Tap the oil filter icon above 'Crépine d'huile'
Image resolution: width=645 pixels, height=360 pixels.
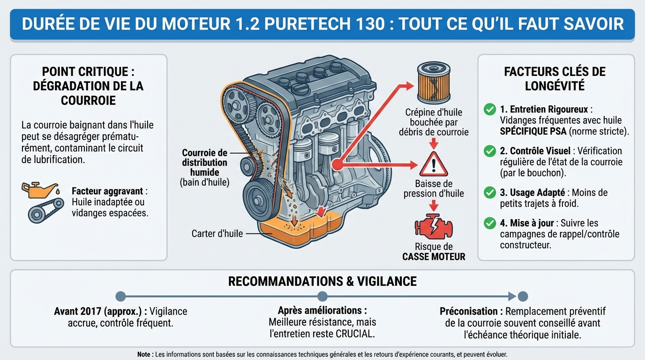point(434,84)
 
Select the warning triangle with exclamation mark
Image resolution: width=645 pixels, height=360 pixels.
point(434,164)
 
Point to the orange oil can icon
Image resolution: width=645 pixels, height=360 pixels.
point(40,190)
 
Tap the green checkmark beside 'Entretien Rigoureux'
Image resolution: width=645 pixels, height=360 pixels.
point(490,110)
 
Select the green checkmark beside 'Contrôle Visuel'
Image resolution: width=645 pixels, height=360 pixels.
point(490,151)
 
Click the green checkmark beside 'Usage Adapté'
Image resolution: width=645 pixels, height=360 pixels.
point(490,193)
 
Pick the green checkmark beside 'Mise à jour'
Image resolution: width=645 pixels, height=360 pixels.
point(490,223)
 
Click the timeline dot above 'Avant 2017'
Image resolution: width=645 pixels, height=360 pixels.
point(120,296)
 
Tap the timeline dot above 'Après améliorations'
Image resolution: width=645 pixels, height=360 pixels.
point(322,296)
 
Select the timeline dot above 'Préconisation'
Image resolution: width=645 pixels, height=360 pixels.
point(523,296)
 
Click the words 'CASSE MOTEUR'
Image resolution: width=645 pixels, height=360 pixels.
point(434,257)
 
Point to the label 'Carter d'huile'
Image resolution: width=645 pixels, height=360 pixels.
point(217,233)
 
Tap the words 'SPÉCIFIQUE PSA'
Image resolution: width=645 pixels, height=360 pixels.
point(533,131)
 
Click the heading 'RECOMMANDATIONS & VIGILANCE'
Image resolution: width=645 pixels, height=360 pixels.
point(322,281)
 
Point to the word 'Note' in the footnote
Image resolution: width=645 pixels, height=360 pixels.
point(143,354)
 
